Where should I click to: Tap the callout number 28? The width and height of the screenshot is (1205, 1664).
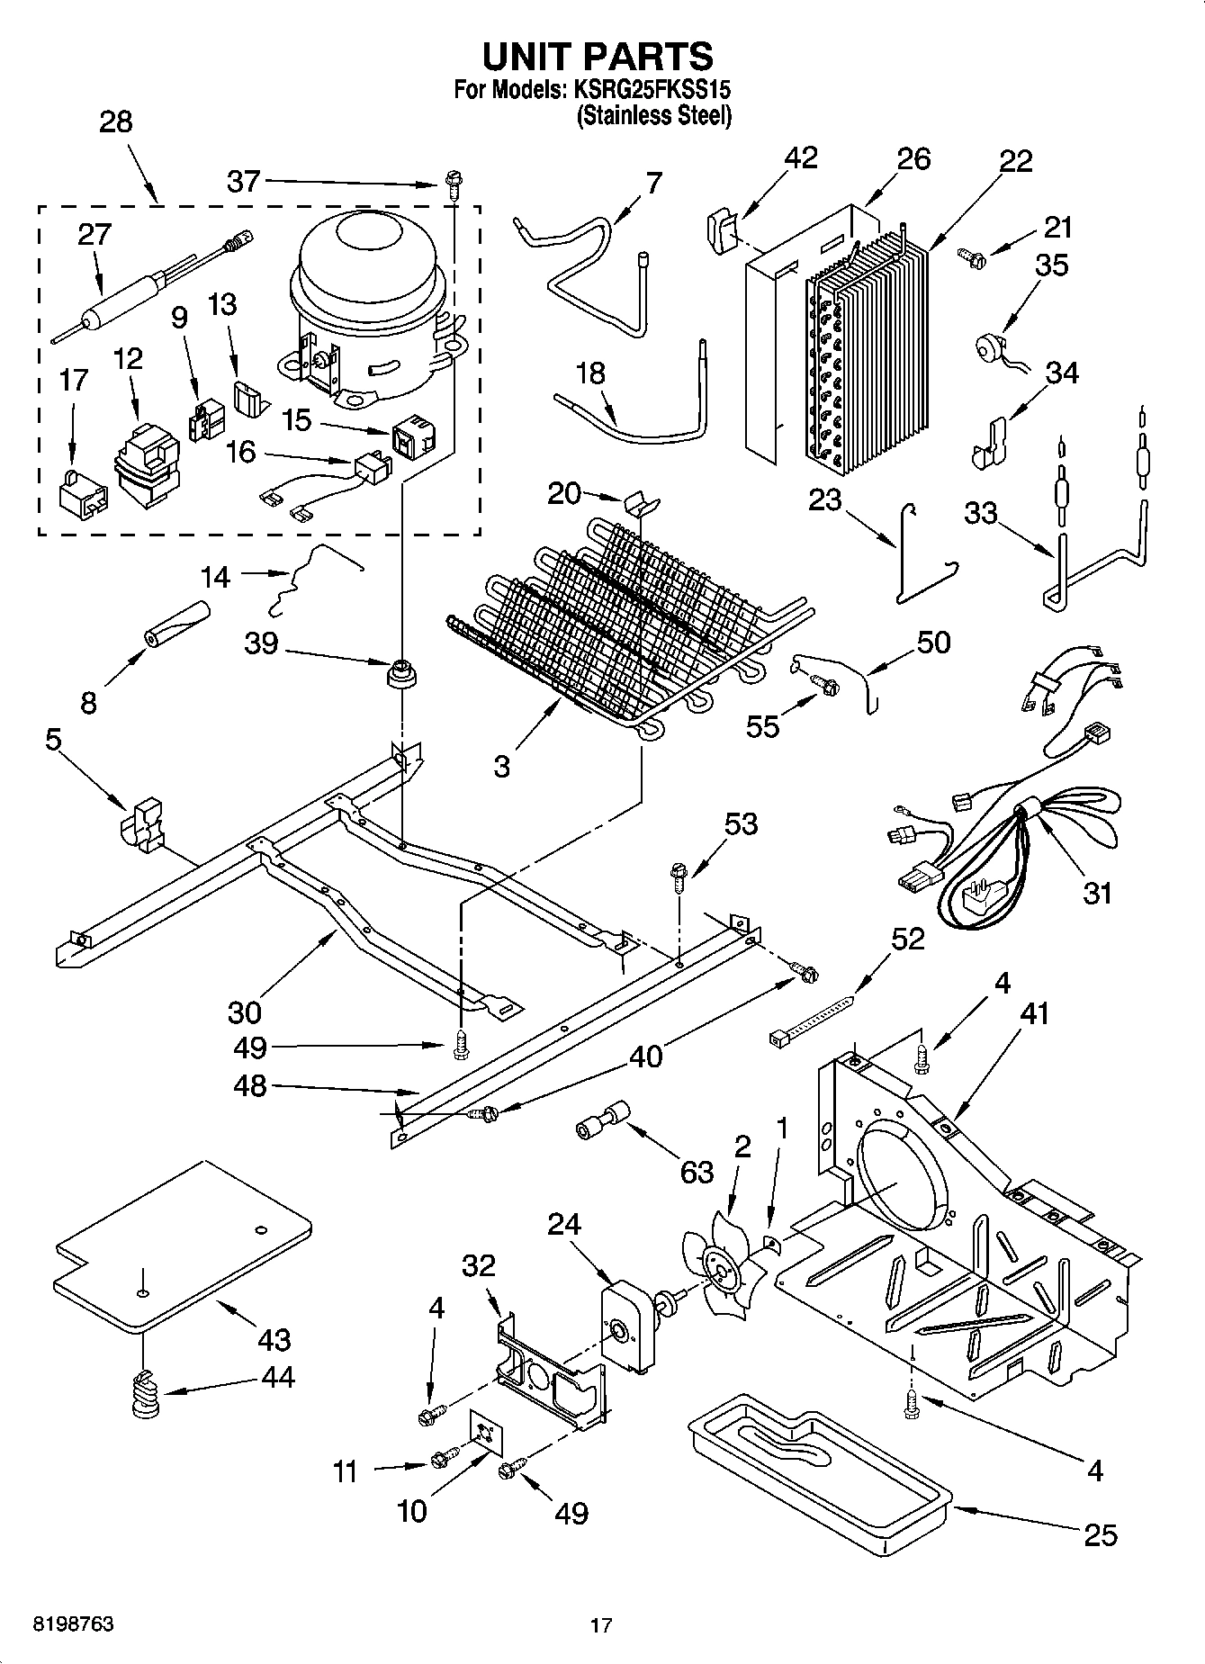[x=116, y=121]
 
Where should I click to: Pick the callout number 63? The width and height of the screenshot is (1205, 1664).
[x=697, y=1172]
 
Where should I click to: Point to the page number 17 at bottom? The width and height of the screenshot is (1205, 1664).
[x=601, y=1625]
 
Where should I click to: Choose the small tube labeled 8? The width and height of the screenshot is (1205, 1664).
[x=177, y=624]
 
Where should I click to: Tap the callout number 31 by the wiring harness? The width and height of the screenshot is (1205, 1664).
[x=1097, y=893]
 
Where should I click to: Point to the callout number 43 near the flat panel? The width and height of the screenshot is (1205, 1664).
[x=274, y=1339]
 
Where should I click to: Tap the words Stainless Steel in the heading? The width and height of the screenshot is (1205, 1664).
[x=654, y=116]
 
